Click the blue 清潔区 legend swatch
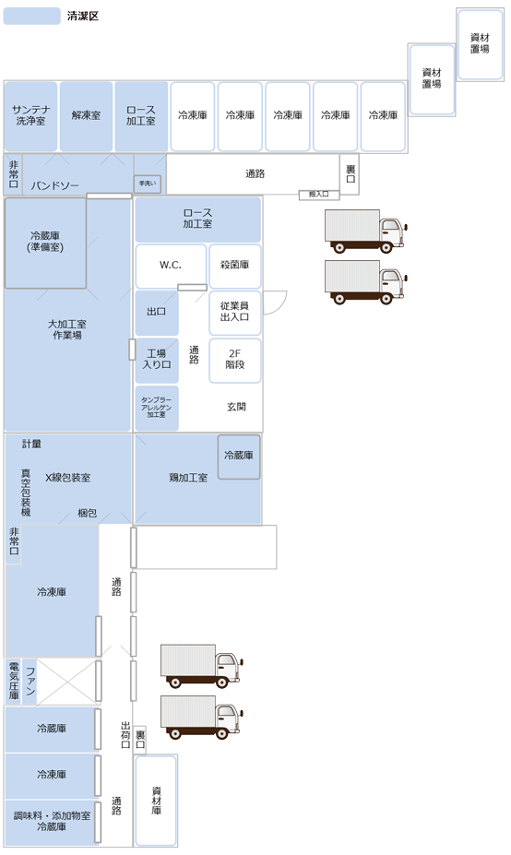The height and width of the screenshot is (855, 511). [32, 16]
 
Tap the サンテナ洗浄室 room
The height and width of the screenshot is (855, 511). [30, 116]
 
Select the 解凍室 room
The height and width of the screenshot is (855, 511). [86, 116]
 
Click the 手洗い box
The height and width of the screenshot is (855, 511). [148, 184]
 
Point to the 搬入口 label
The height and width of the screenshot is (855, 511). [319, 195]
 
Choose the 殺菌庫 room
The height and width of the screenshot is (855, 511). [235, 266]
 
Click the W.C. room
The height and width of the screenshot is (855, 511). [171, 266]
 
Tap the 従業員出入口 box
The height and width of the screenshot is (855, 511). [235, 312]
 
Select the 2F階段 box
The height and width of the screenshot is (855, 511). [235, 360]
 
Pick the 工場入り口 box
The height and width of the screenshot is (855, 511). [157, 360]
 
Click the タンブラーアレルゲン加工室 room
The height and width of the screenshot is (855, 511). [157, 408]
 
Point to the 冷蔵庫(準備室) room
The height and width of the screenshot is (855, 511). [46, 243]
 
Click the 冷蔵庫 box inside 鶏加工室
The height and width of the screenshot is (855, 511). [239, 456]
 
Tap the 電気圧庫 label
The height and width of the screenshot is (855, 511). [14, 683]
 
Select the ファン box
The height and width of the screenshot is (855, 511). [30, 683]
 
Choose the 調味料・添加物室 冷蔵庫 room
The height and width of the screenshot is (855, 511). [52, 822]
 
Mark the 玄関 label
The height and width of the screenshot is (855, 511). [236, 407]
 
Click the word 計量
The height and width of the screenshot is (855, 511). [32, 445]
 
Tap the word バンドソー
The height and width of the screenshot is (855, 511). [55, 186]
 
